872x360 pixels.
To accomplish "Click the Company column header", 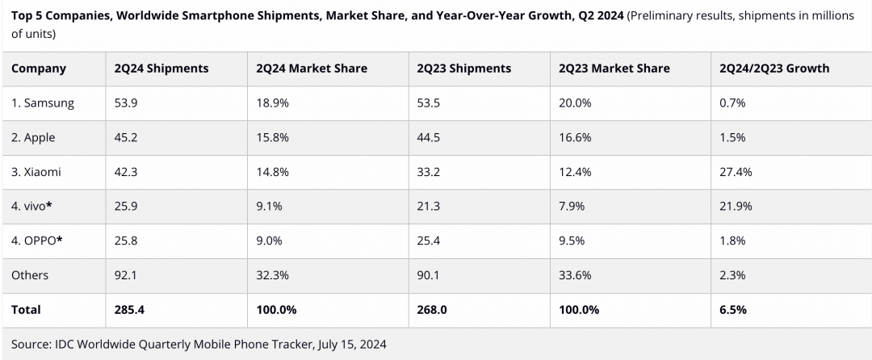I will click(39, 69).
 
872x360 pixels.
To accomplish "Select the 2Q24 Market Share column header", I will click(311, 69).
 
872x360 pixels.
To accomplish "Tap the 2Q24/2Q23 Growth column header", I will click(774, 69).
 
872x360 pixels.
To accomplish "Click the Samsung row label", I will click(43, 103).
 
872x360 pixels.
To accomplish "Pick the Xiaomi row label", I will click(36, 172).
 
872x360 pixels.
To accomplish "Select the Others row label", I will click(30, 275).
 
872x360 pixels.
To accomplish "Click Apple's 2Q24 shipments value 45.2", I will click(126, 137).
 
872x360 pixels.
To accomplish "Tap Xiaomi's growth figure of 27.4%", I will click(736, 172).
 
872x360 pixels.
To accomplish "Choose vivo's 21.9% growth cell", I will click(736, 206).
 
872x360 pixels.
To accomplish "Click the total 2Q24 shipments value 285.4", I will click(129, 309).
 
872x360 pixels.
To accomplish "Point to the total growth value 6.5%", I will click(732, 309).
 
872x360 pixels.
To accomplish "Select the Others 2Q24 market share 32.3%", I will click(272, 275).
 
